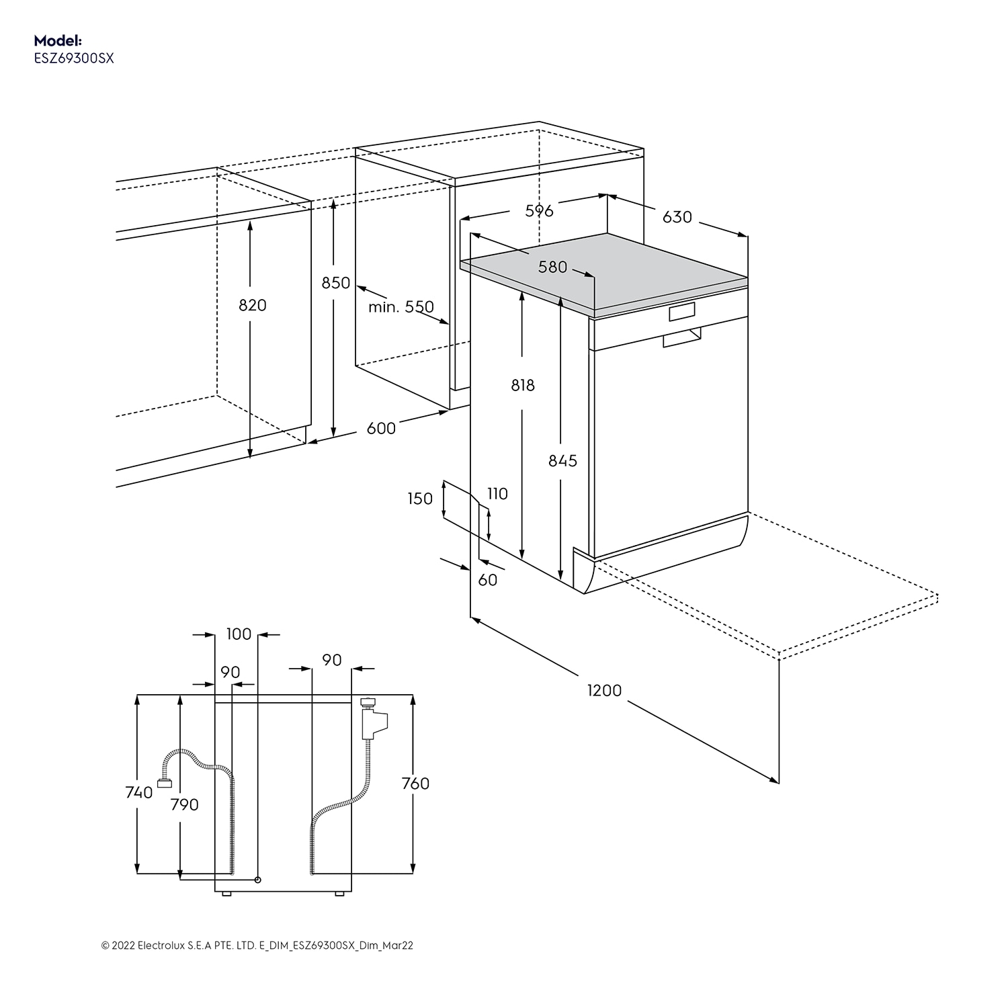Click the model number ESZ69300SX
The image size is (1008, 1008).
tap(74, 58)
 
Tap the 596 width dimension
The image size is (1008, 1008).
tap(539, 211)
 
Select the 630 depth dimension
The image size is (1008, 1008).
tap(677, 217)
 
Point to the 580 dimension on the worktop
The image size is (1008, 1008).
tap(552, 267)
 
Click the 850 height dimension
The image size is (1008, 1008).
tap(335, 283)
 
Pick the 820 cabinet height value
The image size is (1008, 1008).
tap(253, 305)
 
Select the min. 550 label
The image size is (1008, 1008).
tap(401, 307)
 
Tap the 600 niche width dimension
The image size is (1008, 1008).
tap(381, 428)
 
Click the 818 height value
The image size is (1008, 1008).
tap(523, 385)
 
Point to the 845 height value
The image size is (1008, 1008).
tap(562, 460)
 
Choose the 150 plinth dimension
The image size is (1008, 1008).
tap(420, 499)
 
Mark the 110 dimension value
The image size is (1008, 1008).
tap(497, 494)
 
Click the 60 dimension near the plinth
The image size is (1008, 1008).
tap(488, 579)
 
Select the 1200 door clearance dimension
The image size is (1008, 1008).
tap(604, 690)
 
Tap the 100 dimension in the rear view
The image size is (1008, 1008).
tap(239, 634)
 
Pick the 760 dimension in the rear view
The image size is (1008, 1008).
tap(415, 784)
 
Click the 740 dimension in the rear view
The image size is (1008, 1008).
tap(139, 793)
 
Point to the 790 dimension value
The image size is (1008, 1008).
tap(184, 804)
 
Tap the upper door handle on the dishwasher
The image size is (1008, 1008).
tap(681, 312)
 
